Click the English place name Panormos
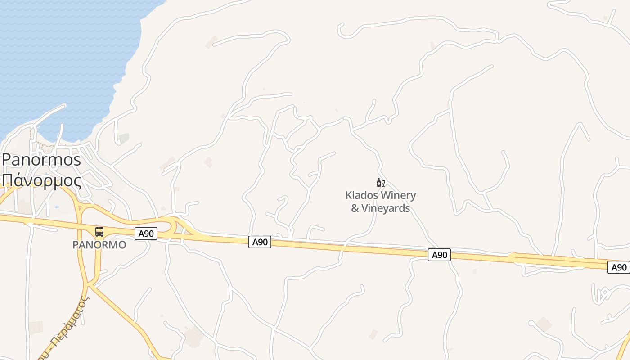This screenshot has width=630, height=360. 41,160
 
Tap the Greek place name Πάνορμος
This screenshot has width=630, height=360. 41,181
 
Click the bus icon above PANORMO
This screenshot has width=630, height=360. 99,232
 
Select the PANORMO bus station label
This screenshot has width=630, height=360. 99,245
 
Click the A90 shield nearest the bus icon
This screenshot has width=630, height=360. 146,234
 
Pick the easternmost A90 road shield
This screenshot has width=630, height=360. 619,267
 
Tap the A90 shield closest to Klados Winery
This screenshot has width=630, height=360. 439,255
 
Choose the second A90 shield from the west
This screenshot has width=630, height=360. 260,242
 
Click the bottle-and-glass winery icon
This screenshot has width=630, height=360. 380,183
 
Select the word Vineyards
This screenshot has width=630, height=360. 387,208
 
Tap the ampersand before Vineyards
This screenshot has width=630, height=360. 355,208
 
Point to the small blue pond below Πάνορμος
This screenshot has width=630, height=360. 56,207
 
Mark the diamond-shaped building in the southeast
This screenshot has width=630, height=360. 544,324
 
